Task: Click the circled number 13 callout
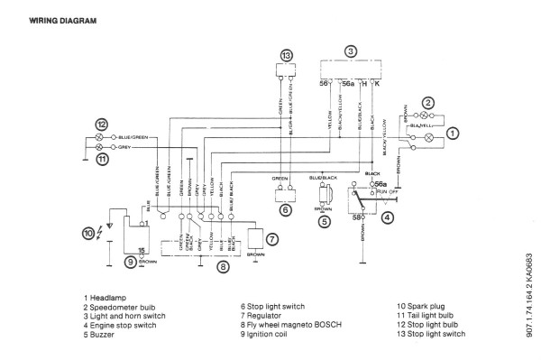pos(286,55)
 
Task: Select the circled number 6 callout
pos(284,209)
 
